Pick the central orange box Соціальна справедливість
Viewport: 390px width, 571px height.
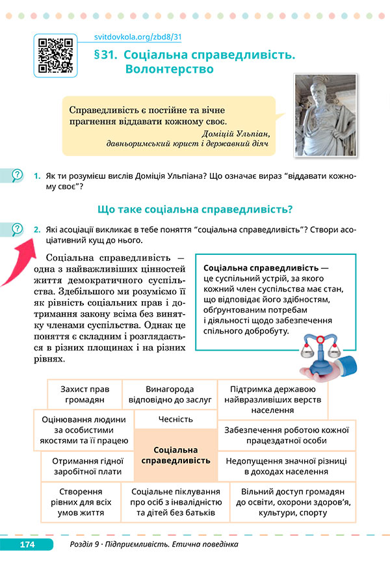click(175, 455)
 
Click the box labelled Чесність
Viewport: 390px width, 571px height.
click(175, 419)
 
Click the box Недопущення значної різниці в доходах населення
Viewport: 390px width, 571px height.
click(286, 466)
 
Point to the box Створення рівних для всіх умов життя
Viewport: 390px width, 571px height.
click(81, 501)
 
